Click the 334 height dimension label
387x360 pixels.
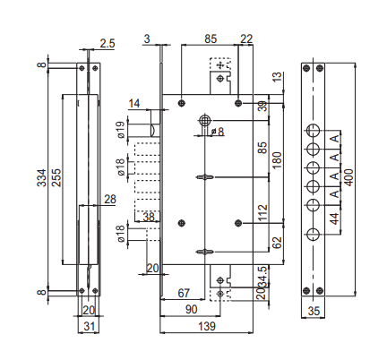pyautogui.click(x=42, y=178)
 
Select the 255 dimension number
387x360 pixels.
pyautogui.click(x=56, y=178)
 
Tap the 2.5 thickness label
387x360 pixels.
pyautogui.click(x=107, y=44)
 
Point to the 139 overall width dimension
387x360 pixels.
pyautogui.click(x=207, y=326)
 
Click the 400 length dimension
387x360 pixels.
pyautogui.click(x=348, y=177)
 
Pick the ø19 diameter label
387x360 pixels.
pyautogui.click(x=120, y=130)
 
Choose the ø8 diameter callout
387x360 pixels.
pyautogui.click(x=218, y=132)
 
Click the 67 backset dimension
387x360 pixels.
pyautogui.click(x=184, y=293)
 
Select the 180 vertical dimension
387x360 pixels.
pyautogui.click(x=277, y=160)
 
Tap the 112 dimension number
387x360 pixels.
pyautogui.click(x=262, y=213)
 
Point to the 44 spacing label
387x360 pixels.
pyautogui.click(x=335, y=219)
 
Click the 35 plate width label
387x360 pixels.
pyautogui.click(x=314, y=311)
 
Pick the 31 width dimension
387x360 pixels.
pyautogui.click(x=89, y=326)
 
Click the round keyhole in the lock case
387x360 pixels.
pyautogui.click(x=204, y=121)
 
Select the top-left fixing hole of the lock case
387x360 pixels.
pyautogui.click(x=182, y=103)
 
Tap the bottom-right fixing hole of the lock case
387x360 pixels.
pyautogui.click(x=238, y=223)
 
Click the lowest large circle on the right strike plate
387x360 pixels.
pyautogui.click(x=313, y=235)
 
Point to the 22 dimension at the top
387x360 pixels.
pyautogui.click(x=246, y=39)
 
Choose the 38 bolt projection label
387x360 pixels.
pyautogui.click(x=149, y=217)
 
